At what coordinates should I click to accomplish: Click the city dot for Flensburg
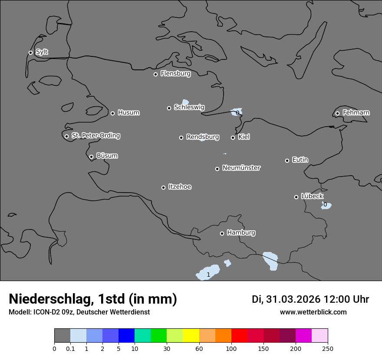155,74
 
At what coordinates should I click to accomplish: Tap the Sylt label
42,52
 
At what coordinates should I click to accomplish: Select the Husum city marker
112,113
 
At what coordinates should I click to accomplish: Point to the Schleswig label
189,107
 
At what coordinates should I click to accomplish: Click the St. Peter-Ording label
95,135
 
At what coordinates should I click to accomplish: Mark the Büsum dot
91,157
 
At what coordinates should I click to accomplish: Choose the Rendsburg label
203,137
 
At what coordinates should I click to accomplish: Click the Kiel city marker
233,137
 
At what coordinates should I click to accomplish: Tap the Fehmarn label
356,113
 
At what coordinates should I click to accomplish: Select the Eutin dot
287,160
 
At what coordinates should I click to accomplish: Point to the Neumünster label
241,168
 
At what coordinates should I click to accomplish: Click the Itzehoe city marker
163,187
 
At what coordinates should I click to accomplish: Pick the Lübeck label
312,196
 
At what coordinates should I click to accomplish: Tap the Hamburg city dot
222,233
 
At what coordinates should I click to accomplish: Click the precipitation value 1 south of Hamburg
208,275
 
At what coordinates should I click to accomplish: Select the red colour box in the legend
239,336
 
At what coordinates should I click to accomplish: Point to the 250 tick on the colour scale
328,348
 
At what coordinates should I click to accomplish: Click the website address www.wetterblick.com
313,312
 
